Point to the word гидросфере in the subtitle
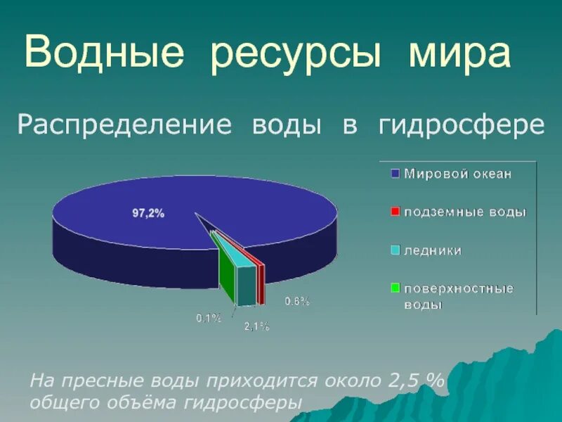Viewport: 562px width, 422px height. click(462, 125)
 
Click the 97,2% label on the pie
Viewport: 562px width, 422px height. click(148, 214)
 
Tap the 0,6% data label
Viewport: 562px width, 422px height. click(297, 301)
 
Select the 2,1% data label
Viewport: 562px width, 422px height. click(256, 326)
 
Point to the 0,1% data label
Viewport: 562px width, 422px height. click(209, 318)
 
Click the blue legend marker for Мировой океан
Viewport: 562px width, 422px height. click(395, 173)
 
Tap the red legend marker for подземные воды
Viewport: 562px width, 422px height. click(395, 211)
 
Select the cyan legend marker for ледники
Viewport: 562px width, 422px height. click(395, 250)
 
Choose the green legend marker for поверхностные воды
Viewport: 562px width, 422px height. click(395, 288)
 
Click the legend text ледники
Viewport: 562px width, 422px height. click(433, 250)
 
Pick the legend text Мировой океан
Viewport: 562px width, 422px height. click(457, 173)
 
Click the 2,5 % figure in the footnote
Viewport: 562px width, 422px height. click(416, 381)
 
